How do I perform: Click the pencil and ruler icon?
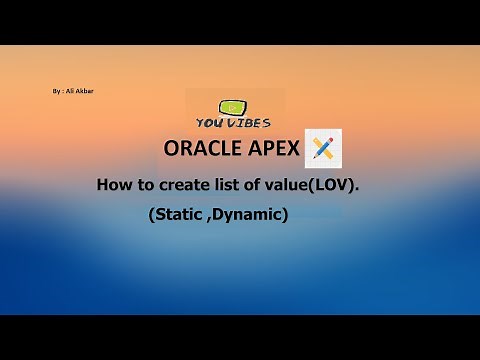325,148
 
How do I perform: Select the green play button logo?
234,106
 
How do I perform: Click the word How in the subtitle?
112,185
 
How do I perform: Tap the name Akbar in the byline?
84,91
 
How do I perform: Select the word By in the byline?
56,91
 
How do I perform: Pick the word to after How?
142,185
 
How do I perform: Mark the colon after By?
62,91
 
